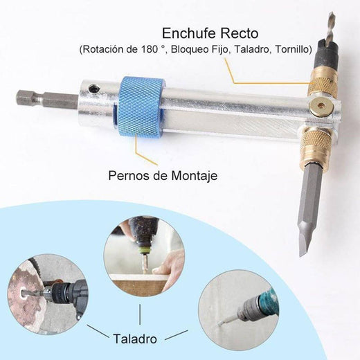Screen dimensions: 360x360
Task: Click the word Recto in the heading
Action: click(239, 33)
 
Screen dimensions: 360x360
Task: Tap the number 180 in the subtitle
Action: click(149, 49)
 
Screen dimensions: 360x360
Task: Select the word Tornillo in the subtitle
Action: click(292, 49)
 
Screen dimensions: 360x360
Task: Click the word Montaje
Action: click(194, 176)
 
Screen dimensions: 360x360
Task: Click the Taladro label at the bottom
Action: click(135, 339)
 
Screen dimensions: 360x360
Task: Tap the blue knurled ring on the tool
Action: click(139, 108)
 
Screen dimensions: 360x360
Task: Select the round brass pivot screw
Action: click(322, 106)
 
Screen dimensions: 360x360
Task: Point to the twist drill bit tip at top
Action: click(332, 14)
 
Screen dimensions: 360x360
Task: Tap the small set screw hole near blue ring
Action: click(94, 88)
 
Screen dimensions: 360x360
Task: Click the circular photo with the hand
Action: click(144, 256)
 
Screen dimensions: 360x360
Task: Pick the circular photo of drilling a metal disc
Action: click(48, 294)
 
